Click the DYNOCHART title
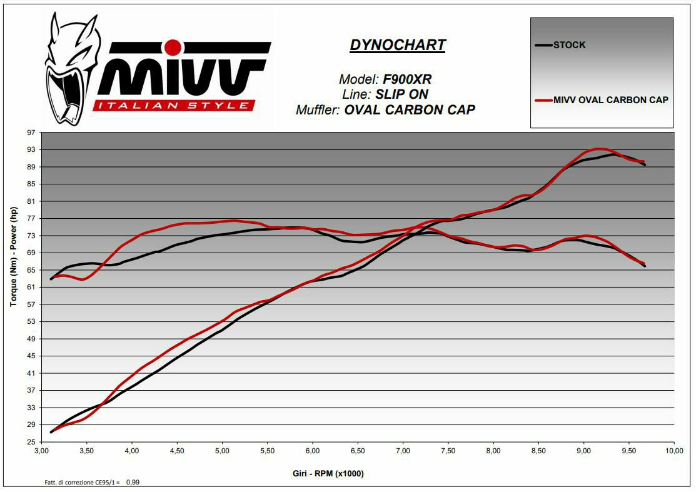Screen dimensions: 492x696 (398, 45)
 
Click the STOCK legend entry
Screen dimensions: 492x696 (569, 45)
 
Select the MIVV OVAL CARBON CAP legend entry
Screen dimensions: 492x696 (610, 100)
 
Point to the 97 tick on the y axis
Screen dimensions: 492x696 (31, 133)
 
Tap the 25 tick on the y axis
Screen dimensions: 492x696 (31, 442)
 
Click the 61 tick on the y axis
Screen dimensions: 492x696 (31, 288)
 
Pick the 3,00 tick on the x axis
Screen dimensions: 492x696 (41, 451)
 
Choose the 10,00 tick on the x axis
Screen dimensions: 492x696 (673, 451)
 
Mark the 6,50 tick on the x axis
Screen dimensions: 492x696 (358, 451)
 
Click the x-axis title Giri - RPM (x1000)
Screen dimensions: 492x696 (328, 473)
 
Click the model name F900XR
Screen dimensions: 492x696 (407, 79)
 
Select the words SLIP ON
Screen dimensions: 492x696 (402, 94)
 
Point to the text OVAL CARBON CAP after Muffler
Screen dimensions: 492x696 (410, 110)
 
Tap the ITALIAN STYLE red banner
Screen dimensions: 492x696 (173, 105)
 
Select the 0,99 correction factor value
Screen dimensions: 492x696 (132, 483)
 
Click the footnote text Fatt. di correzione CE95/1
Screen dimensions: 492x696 (81, 483)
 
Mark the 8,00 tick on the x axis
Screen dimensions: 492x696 (493, 451)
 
